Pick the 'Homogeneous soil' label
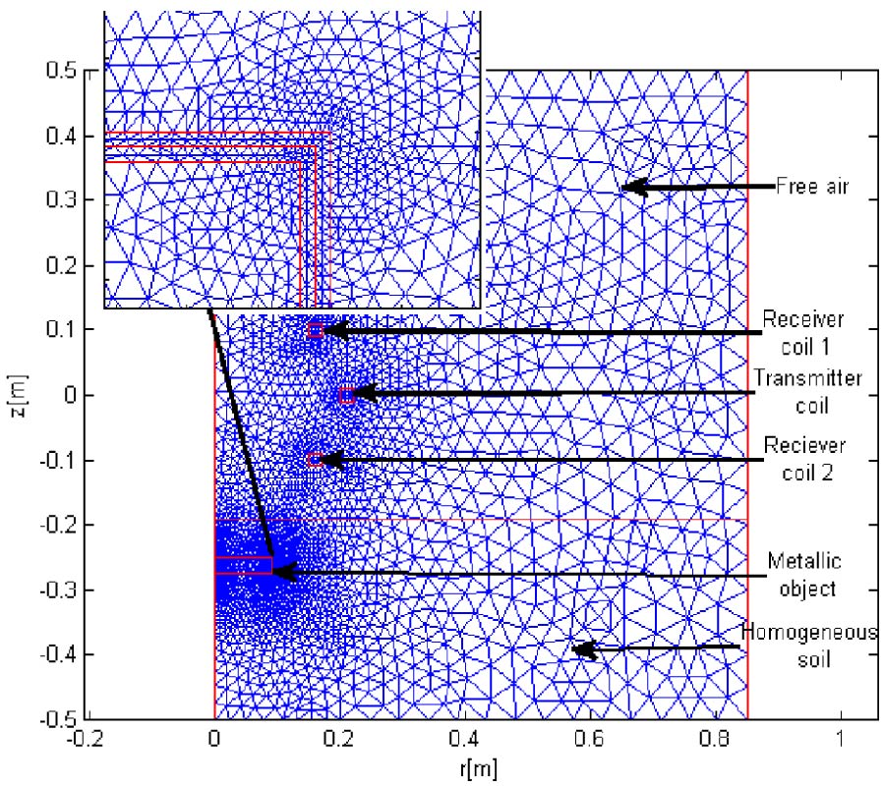click(x=809, y=646)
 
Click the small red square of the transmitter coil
click(x=346, y=395)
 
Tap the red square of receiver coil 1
click(x=316, y=331)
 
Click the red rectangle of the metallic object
click(x=243, y=565)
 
